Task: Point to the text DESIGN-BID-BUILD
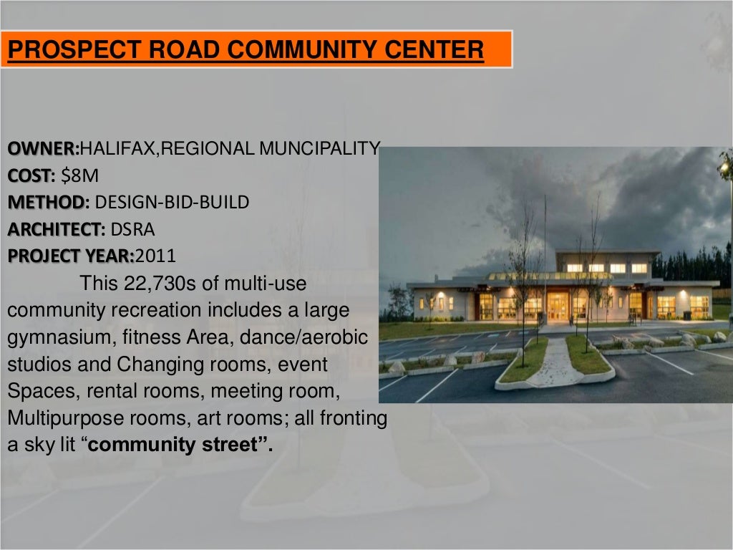pyautogui.click(x=172, y=202)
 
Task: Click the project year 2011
pyautogui.click(x=155, y=256)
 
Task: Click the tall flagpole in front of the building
pyautogui.click(x=545, y=251)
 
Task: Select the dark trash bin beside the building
pyautogui.click(x=687, y=315)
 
